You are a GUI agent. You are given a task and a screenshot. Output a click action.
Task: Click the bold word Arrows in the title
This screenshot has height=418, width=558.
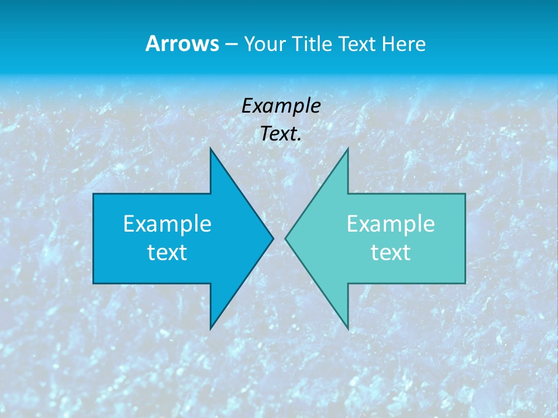pos(181,44)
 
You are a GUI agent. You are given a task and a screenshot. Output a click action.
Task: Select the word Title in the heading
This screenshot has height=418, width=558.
pos(313,44)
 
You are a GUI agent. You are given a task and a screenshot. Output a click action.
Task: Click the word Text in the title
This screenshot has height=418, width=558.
pos(357,44)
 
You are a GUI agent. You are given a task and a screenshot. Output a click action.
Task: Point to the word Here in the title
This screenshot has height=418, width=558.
pos(403,44)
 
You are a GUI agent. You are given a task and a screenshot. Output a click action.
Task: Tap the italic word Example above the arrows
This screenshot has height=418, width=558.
pos(281,106)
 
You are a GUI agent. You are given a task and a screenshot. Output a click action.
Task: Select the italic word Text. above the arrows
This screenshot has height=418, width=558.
pos(281,134)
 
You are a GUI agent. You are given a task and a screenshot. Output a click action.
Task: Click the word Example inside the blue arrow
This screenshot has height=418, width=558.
pos(167,224)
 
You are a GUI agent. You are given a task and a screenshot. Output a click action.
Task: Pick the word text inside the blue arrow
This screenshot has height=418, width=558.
pos(167,252)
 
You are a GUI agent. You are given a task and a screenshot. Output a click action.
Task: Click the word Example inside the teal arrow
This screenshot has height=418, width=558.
pos(391,224)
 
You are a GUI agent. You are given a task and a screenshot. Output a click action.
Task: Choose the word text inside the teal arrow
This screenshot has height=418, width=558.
pos(391,252)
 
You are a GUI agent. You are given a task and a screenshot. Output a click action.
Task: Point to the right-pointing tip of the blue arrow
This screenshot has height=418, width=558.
pos(273,238)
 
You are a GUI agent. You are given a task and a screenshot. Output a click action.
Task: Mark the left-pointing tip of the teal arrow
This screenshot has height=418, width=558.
pos(285,238)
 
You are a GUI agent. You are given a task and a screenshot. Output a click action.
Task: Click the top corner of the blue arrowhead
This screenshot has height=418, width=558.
pos(210,148)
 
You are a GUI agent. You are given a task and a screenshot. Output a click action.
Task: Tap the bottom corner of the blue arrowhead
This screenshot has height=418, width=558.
pos(210,329)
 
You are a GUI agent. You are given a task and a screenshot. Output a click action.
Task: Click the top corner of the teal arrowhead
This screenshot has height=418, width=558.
pos(348,148)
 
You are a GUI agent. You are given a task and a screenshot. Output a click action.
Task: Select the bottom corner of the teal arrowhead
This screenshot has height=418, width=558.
pos(348,329)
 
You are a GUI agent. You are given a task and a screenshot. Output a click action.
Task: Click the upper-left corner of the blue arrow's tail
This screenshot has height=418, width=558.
pos(94,194)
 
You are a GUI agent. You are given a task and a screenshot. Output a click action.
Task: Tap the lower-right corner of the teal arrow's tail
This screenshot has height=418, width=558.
pos(465,283)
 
